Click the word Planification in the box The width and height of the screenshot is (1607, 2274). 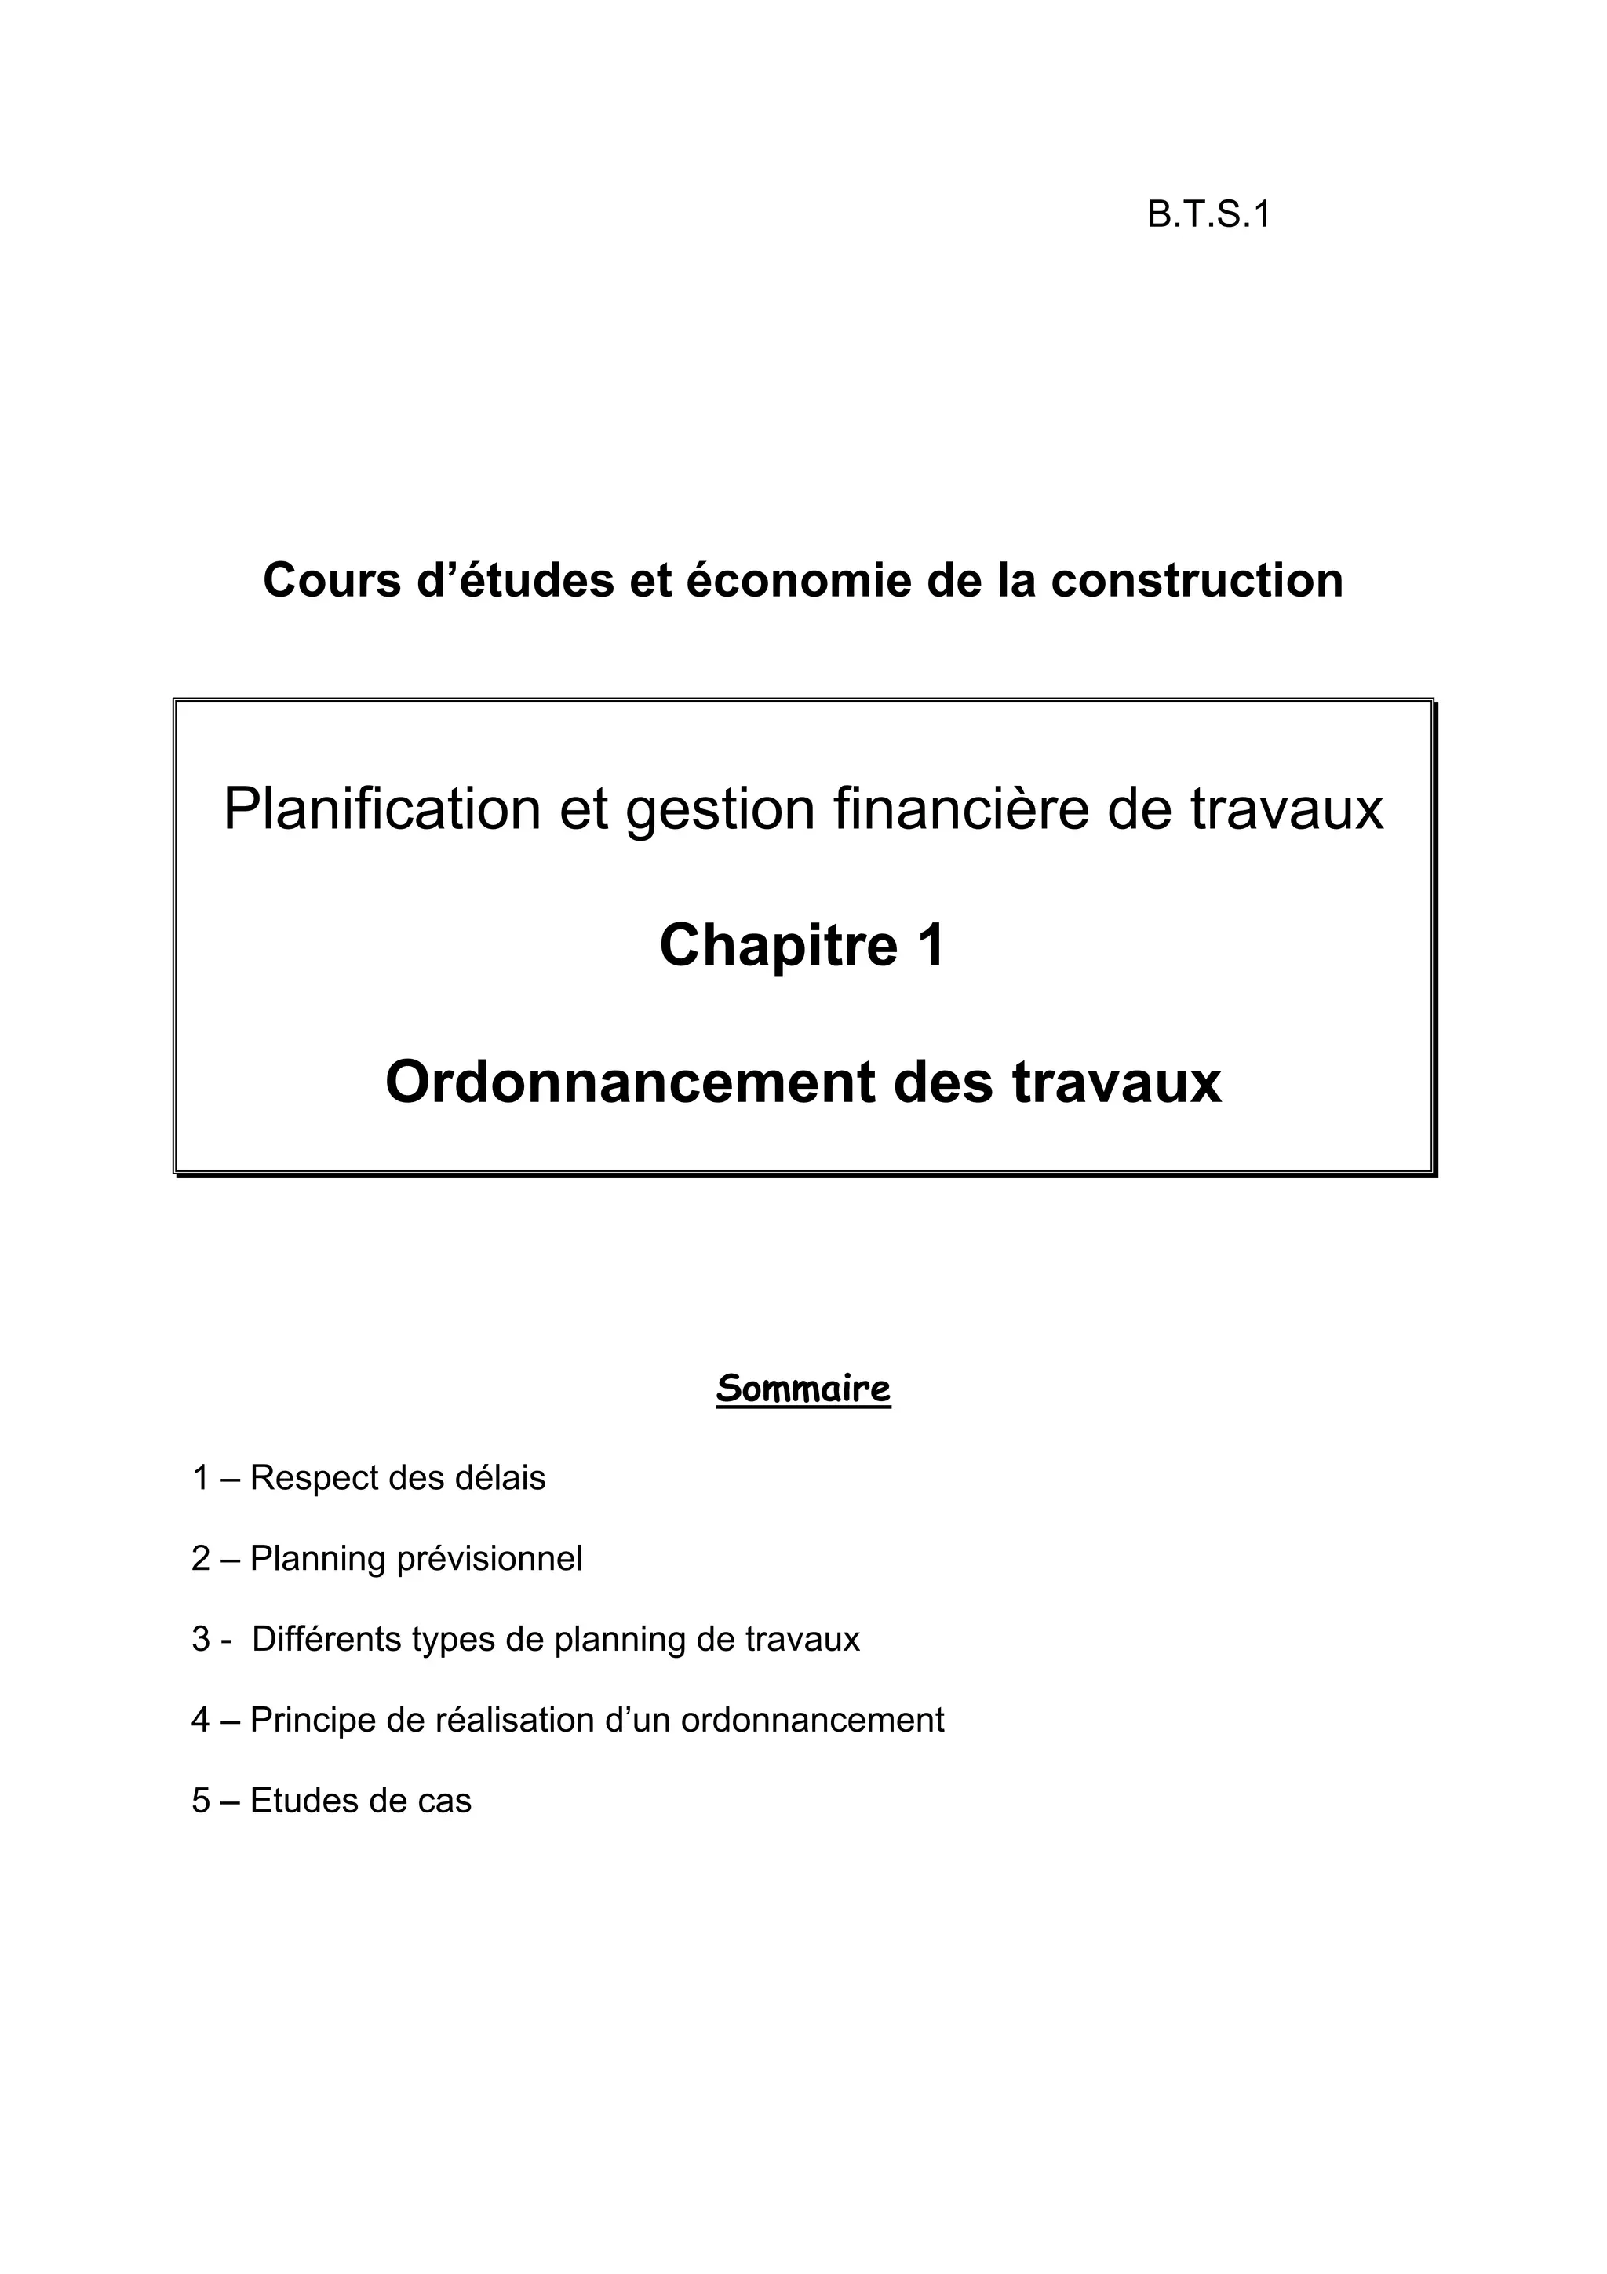[381, 809]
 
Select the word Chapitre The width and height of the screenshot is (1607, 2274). [778, 946]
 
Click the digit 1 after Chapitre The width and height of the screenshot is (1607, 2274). [931, 946]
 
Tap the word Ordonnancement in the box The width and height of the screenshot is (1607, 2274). [631, 1082]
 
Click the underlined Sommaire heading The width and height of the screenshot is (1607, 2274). [803, 1389]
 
